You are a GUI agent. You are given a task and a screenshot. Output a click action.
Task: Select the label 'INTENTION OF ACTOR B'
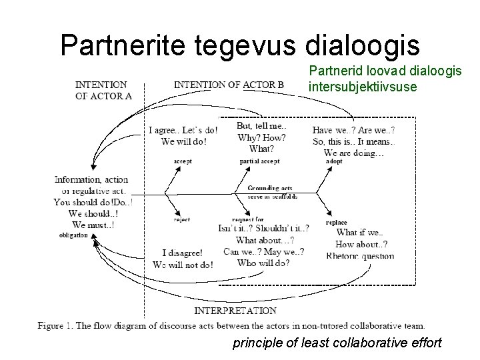[229, 85]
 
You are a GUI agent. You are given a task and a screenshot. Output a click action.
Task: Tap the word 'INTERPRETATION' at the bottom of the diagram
[235, 311]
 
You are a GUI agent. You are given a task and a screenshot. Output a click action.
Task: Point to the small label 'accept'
[183, 161]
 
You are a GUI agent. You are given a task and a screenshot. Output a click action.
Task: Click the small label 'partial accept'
[259, 161]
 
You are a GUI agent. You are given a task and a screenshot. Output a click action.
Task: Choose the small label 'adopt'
[335, 161]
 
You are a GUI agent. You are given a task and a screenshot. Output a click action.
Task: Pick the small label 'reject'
[181, 219]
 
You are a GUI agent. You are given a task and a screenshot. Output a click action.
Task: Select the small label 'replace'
[337, 222]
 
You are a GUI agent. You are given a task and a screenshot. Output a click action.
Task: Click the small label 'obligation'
[73, 235]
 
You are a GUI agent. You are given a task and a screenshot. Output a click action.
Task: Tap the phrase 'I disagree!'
[182, 253]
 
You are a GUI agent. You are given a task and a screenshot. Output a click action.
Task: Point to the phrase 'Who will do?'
[264, 263]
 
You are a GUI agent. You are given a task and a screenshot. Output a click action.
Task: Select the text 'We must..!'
[93, 225]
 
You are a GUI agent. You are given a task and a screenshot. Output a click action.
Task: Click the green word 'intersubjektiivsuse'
[363, 87]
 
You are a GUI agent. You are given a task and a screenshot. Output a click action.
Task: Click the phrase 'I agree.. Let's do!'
[183, 130]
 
